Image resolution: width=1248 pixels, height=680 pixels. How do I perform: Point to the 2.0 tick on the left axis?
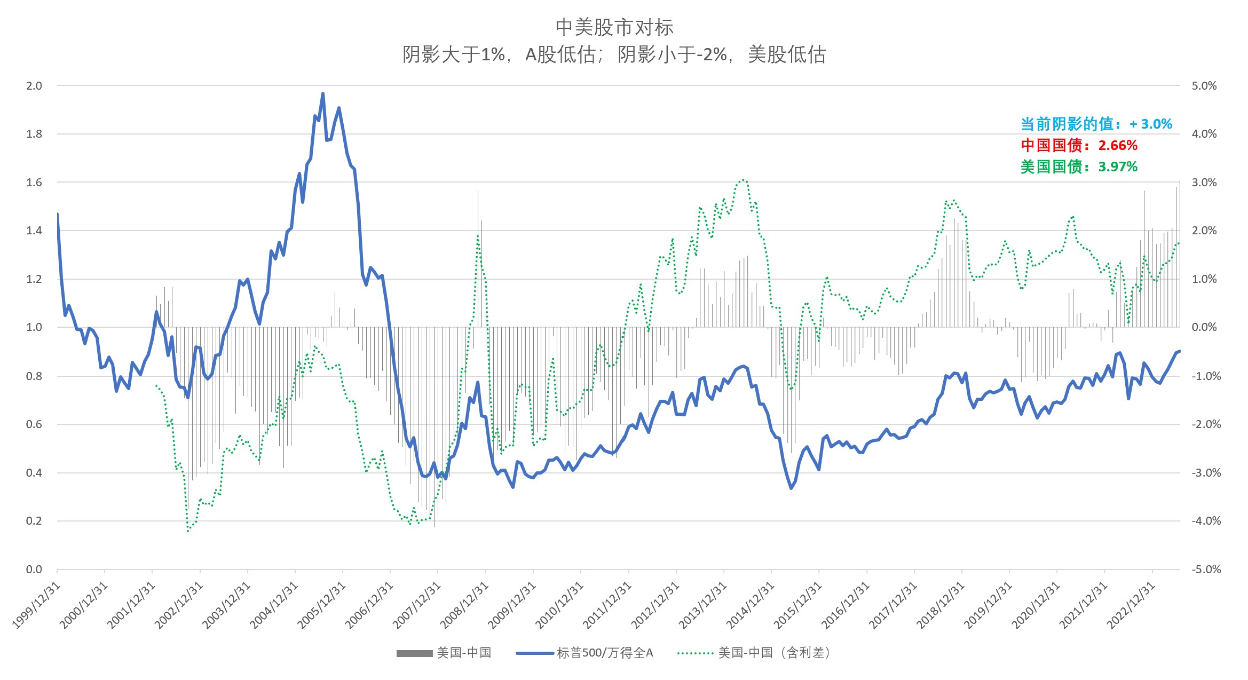pyautogui.click(x=34, y=86)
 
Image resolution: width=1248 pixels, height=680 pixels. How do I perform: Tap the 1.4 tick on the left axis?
pyautogui.click(x=34, y=231)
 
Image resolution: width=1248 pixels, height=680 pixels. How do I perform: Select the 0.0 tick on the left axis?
pyautogui.click(x=34, y=570)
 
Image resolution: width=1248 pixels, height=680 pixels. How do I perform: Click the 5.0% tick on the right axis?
pyautogui.click(x=1204, y=86)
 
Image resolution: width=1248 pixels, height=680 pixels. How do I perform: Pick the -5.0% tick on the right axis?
pyautogui.click(x=1206, y=570)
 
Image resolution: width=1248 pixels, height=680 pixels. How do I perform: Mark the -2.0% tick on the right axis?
pyautogui.click(x=1206, y=424)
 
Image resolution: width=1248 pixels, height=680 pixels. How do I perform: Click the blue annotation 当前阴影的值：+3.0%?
pyautogui.click(x=1096, y=124)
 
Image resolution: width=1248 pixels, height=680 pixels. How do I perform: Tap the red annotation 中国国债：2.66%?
pyautogui.click(x=1079, y=145)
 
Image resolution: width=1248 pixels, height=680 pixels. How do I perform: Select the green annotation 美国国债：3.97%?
pyautogui.click(x=1079, y=167)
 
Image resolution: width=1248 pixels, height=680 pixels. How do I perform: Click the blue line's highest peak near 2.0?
pyautogui.click(x=322, y=94)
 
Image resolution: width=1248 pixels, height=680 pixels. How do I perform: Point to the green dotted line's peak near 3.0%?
pyautogui.click(x=743, y=180)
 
